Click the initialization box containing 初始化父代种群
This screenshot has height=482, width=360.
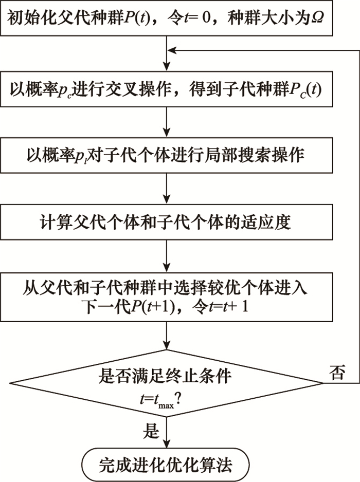(169, 20)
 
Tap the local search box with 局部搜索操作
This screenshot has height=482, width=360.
(169, 155)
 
